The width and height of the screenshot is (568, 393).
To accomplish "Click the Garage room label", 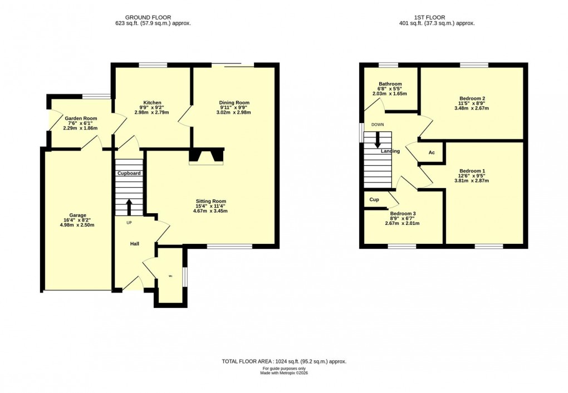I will click(x=78, y=215).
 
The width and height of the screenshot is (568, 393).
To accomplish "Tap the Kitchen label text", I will click(x=152, y=102).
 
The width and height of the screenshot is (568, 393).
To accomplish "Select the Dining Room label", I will click(x=234, y=102).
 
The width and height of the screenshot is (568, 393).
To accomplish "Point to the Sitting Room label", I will click(x=210, y=201).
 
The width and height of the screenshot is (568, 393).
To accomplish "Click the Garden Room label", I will click(x=81, y=119).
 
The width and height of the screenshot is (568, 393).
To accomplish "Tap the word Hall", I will click(x=135, y=244).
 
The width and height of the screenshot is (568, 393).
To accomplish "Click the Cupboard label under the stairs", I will click(x=129, y=173).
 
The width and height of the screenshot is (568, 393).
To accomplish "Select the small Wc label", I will click(x=170, y=275).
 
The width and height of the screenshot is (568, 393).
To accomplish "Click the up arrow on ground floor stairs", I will click(x=129, y=207).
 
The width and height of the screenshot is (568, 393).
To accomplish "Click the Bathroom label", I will click(x=390, y=84).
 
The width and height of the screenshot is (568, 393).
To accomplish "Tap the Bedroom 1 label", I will click(x=472, y=170).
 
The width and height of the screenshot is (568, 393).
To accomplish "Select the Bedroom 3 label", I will click(x=403, y=214).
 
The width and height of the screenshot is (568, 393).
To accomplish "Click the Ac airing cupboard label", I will click(x=431, y=153).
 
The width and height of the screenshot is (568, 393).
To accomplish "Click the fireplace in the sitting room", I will click(x=206, y=157).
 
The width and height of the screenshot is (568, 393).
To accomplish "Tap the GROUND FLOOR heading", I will click(x=148, y=17).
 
